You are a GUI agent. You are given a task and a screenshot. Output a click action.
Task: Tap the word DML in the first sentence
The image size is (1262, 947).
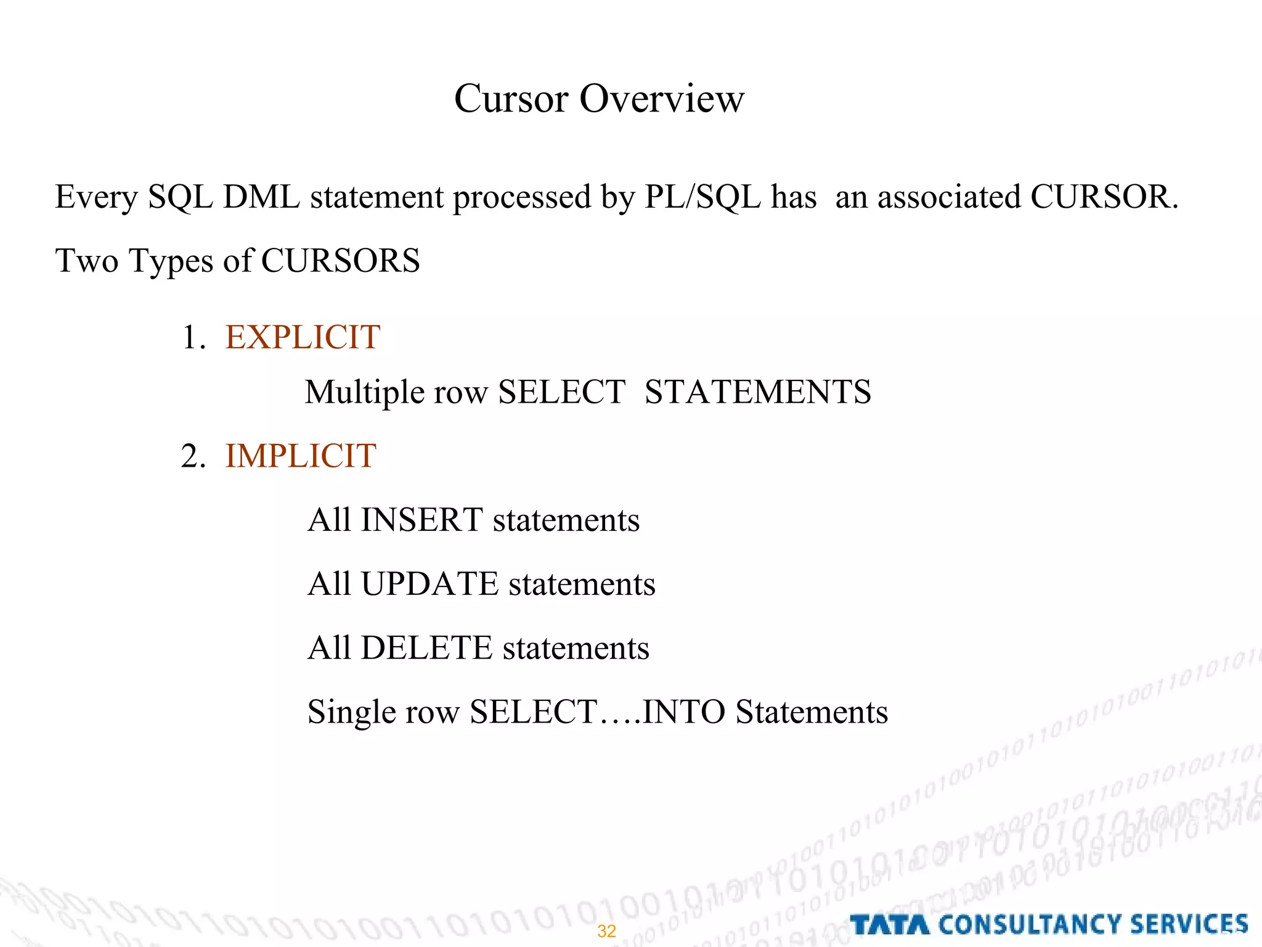[x=261, y=197]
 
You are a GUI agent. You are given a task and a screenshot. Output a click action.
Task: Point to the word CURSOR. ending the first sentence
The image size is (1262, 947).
[x=1104, y=197]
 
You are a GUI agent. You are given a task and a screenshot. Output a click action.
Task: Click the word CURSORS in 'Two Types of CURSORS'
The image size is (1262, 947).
[x=340, y=260]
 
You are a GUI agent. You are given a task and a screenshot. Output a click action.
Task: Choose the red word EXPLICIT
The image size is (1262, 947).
[x=303, y=337]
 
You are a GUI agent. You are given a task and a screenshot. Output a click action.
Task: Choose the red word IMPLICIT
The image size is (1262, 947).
[x=301, y=456]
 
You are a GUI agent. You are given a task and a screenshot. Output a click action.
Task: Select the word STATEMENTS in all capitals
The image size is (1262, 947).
[x=757, y=392]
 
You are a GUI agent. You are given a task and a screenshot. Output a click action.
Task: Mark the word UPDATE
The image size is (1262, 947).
[x=429, y=584]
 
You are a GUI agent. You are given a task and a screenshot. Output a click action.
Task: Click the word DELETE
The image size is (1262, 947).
[x=426, y=648]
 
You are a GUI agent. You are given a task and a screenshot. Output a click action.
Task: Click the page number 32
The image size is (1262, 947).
[x=606, y=931]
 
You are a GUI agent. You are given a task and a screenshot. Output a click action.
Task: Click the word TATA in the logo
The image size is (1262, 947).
[x=889, y=925]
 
